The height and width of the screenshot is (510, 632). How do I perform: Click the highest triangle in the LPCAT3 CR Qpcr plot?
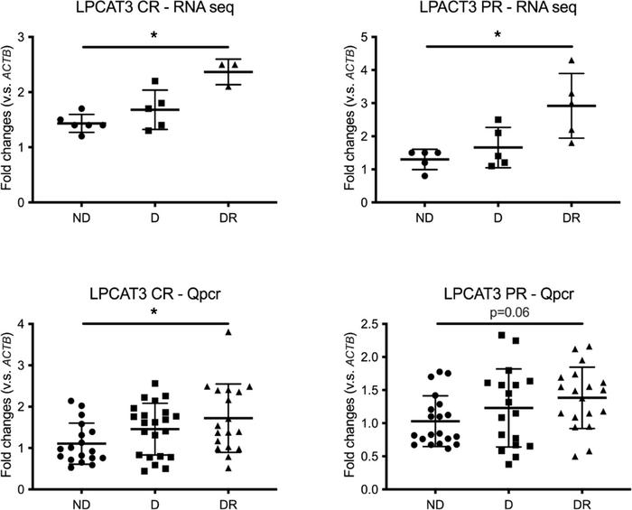point(229,332)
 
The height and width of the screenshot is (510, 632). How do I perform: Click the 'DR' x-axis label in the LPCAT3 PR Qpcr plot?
point(572,501)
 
